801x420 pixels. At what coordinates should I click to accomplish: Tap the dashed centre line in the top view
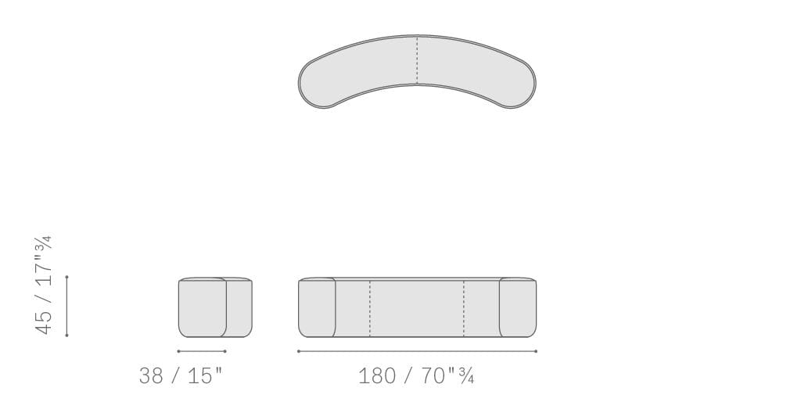pyautogui.click(x=418, y=59)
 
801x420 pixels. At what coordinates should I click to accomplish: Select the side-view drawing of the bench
pyautogui.click(x=215, y=307)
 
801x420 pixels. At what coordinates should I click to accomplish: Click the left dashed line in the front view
pyautogui.click(x=370, y=308)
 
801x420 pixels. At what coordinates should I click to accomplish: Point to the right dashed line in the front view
pyautogui.click(x=464, y=308)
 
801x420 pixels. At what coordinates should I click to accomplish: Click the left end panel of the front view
pyautogui.click(x=317, y=307)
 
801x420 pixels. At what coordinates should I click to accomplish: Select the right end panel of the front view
pyautogui.click(x=518, y=307)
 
